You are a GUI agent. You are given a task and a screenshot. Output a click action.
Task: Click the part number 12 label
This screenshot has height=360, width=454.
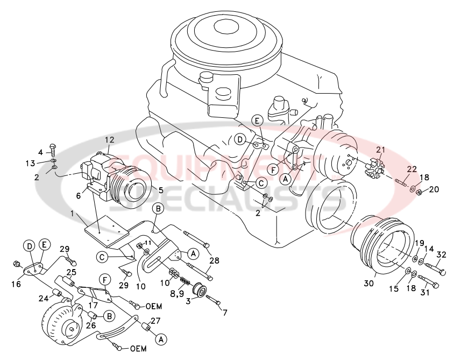(x=109, y=140)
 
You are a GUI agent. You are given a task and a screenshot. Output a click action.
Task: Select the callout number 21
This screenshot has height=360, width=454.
(x=381, y=150)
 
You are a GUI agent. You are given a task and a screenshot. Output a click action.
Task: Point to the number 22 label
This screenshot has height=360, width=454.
(x=412, y=169)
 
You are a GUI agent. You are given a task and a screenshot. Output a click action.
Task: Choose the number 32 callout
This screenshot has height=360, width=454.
(x=442, y=255)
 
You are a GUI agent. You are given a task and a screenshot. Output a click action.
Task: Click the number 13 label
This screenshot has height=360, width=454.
(x=30, y=163)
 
